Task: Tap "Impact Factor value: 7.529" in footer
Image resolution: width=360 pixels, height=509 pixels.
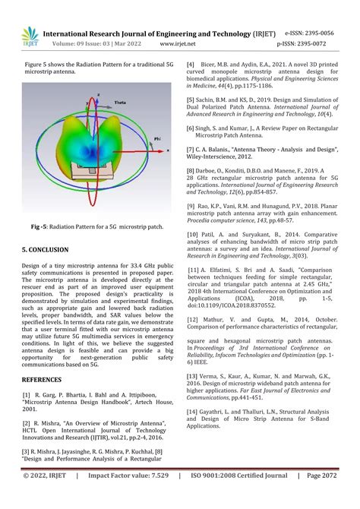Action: pyautogui.click(x=139, y=497)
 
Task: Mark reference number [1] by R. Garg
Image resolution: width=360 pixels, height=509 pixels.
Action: pyautogui.click(x=27, y=416)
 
